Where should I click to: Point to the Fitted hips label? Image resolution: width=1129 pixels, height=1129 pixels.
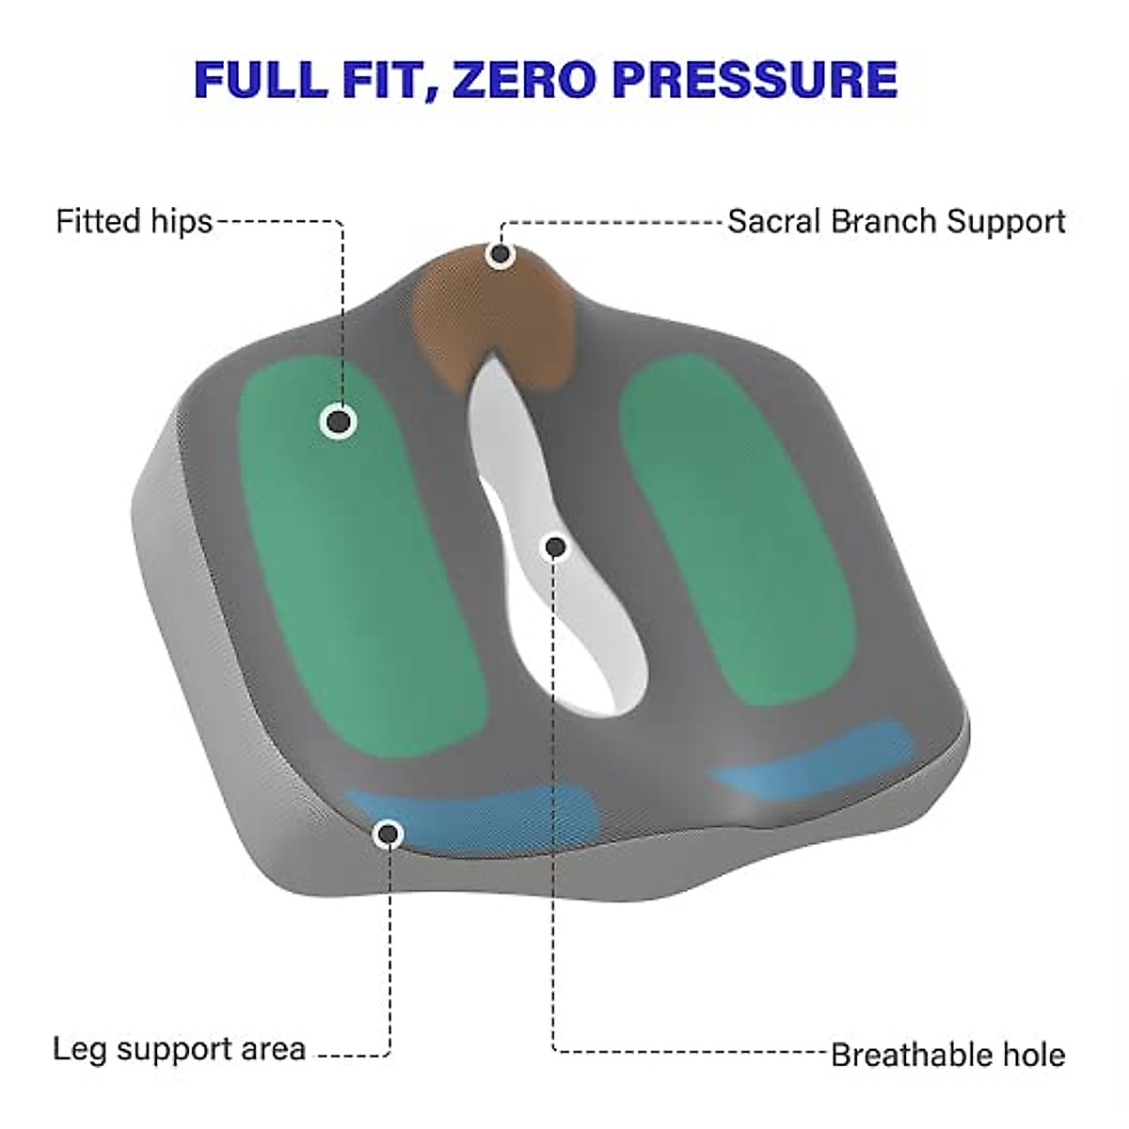pyautogui.click(x=135, y=221)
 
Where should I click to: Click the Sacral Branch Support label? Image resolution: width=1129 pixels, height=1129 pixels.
pyautogui.click(x=897, y=222)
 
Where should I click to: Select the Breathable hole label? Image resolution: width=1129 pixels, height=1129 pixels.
pyautogui.click(x=948, y=1055)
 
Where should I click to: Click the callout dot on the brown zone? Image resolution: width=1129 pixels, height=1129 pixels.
pyautogui.click(x=501, y=254)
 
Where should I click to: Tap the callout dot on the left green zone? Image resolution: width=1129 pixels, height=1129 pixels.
pyautogui.click(x=338, y=421)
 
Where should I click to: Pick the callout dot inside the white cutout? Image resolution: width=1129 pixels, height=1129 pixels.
pyautogui.click(x=555, y=546)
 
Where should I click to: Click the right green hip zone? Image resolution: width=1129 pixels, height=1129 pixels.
pyautogui.click(x=734, y=527)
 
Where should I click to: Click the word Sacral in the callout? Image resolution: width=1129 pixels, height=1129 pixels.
pyautogui.click(x=771, y=222)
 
